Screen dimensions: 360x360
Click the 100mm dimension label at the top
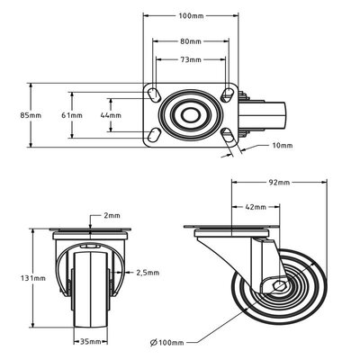[190, 17]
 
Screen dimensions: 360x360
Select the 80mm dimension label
[191, 40]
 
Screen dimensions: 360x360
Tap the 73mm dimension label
[191, 59]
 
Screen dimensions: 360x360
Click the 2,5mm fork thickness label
[148, 272]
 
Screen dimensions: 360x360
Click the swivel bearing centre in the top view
[191, 115]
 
